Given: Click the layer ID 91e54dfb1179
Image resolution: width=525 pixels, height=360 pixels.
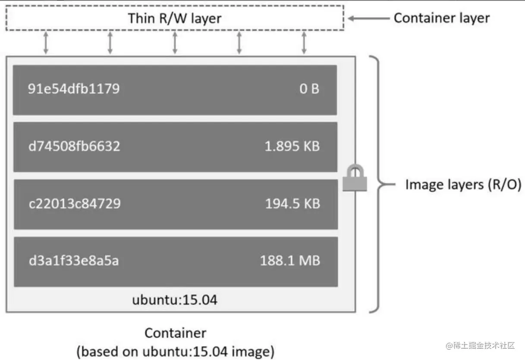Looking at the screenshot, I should coord(73,89).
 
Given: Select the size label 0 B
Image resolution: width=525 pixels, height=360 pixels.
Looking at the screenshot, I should coord(309,89).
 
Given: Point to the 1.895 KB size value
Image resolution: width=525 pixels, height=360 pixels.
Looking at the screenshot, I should coord(292,146).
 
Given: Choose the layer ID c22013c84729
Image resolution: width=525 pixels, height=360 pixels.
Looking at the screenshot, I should coord(74,203).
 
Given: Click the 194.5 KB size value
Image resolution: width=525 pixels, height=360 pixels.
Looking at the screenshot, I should coord(292,203).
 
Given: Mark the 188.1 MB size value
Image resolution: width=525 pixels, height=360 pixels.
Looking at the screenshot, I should coord(290,261).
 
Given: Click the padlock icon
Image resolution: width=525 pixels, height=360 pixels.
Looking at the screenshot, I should coord(355,179).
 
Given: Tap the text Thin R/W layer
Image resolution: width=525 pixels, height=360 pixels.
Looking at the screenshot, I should coord(174,18).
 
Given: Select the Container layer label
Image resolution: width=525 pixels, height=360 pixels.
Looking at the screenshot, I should coord(442,18).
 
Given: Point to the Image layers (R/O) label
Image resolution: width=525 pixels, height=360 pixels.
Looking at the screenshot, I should coord(463,185).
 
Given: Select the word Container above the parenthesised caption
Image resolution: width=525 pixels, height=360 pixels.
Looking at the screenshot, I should coord(175,333).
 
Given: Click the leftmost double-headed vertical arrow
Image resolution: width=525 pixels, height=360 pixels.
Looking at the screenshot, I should coord(46,43).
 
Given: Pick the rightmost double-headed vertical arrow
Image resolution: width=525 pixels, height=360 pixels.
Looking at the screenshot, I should coord(304,43).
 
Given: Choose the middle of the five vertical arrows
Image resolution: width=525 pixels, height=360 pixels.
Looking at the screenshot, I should coord(175,43).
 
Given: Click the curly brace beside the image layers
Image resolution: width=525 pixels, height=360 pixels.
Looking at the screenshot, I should coord(375,185).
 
